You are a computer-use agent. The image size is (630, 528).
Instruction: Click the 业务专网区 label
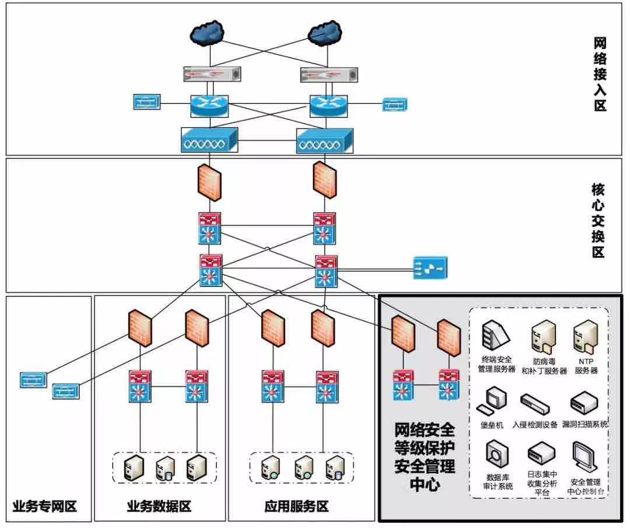click(44, 505)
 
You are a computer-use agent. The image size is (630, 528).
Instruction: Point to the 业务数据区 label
click(159, 505)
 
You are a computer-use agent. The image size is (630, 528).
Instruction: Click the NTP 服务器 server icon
click(585, 338)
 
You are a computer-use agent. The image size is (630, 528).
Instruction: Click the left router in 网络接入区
click(209, 106)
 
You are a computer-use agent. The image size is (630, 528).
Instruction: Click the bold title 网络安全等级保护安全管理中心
click(424, 457)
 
